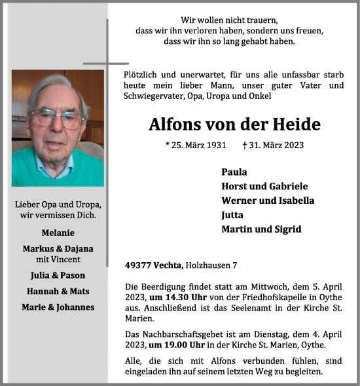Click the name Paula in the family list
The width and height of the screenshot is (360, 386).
pyautogui.click(x=234, y=172)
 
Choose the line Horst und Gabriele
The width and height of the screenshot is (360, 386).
pyautogui.click(x=264, y=186)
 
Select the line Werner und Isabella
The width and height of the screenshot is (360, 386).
pyautogui.click(x=268, y=201)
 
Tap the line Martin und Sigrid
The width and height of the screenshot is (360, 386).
pyautogui.click(x=261, y=229)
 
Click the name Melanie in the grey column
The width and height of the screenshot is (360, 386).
pyautogui.click(x=58, y=233)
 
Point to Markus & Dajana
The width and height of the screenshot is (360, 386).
pyautogui.click(x=58, y=248)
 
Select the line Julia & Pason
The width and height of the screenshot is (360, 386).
pyautogui.click(x=58, y=275)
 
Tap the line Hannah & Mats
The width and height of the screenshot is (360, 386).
pyautogui.click(x=58, y=291)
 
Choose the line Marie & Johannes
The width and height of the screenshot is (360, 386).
pyautogui.click(x=58, y=307)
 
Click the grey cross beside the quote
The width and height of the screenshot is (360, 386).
pyautogui.click(x=107, y=64)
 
